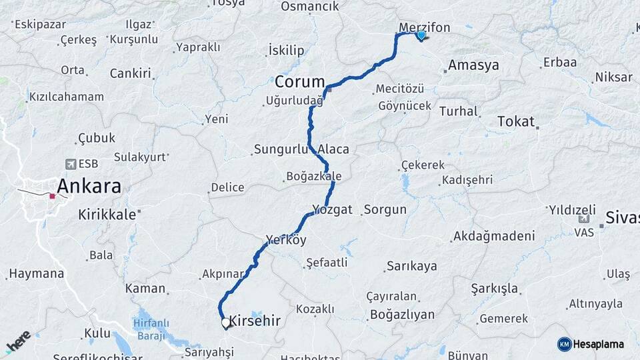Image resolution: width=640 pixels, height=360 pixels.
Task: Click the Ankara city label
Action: coord(89,185)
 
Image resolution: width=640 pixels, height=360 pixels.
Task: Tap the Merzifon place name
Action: coord(424,27)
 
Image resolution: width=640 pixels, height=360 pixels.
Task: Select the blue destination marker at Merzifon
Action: coord(421,35)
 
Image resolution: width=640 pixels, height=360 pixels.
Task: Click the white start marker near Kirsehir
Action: coord(226,323)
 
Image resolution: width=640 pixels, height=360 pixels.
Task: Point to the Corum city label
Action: coord(299,81)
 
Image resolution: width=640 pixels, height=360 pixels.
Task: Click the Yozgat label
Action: coord(332,209)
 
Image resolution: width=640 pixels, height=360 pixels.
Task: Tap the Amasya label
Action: coord(473,65)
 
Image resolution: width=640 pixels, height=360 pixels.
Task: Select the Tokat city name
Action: coord(516,121)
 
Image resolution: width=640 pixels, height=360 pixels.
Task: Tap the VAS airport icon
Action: coord(584,219)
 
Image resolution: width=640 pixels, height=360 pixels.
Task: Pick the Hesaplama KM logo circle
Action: coord(564,344)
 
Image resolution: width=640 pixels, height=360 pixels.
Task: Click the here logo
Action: coord(19,341)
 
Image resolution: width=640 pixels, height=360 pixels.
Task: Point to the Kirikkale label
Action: coord(107,215)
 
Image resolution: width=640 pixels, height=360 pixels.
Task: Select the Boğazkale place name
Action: coord(313,177)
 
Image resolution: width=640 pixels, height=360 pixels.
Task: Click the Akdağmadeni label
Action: coord(493,236)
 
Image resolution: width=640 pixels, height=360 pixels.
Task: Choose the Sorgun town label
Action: coord(385,209)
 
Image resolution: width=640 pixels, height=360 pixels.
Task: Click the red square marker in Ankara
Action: coord(52,196)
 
